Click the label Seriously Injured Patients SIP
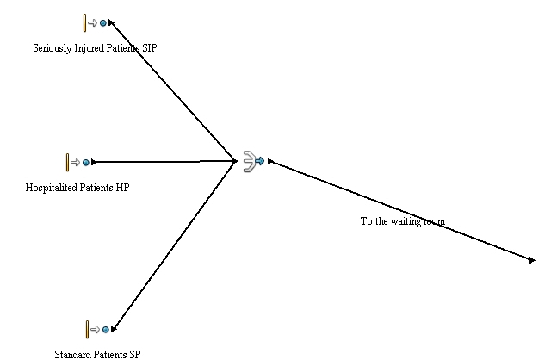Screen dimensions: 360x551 click(95, 48)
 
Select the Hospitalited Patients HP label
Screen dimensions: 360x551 click(77, 187)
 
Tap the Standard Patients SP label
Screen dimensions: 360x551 click(97, 354)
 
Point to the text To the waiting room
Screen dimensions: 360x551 click(402, 221)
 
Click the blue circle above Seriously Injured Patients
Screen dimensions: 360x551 click(103, 23)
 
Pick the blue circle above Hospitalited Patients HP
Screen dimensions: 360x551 click(85, 162)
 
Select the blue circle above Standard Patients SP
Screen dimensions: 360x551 click(106, 329)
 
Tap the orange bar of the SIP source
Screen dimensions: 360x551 click(85, 23)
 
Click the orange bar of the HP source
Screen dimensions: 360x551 click(67, 162)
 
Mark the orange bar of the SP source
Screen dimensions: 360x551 click(87, 329)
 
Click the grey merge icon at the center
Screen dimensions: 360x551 click(249, 161)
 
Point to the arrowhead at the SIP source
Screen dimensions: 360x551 click(112, 24)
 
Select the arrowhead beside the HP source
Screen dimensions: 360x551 click(94, 162)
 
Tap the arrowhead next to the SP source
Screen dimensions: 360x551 click(114, 328)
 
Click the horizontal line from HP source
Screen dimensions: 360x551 click(164, 161)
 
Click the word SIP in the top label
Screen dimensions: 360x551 click(149, 48)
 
